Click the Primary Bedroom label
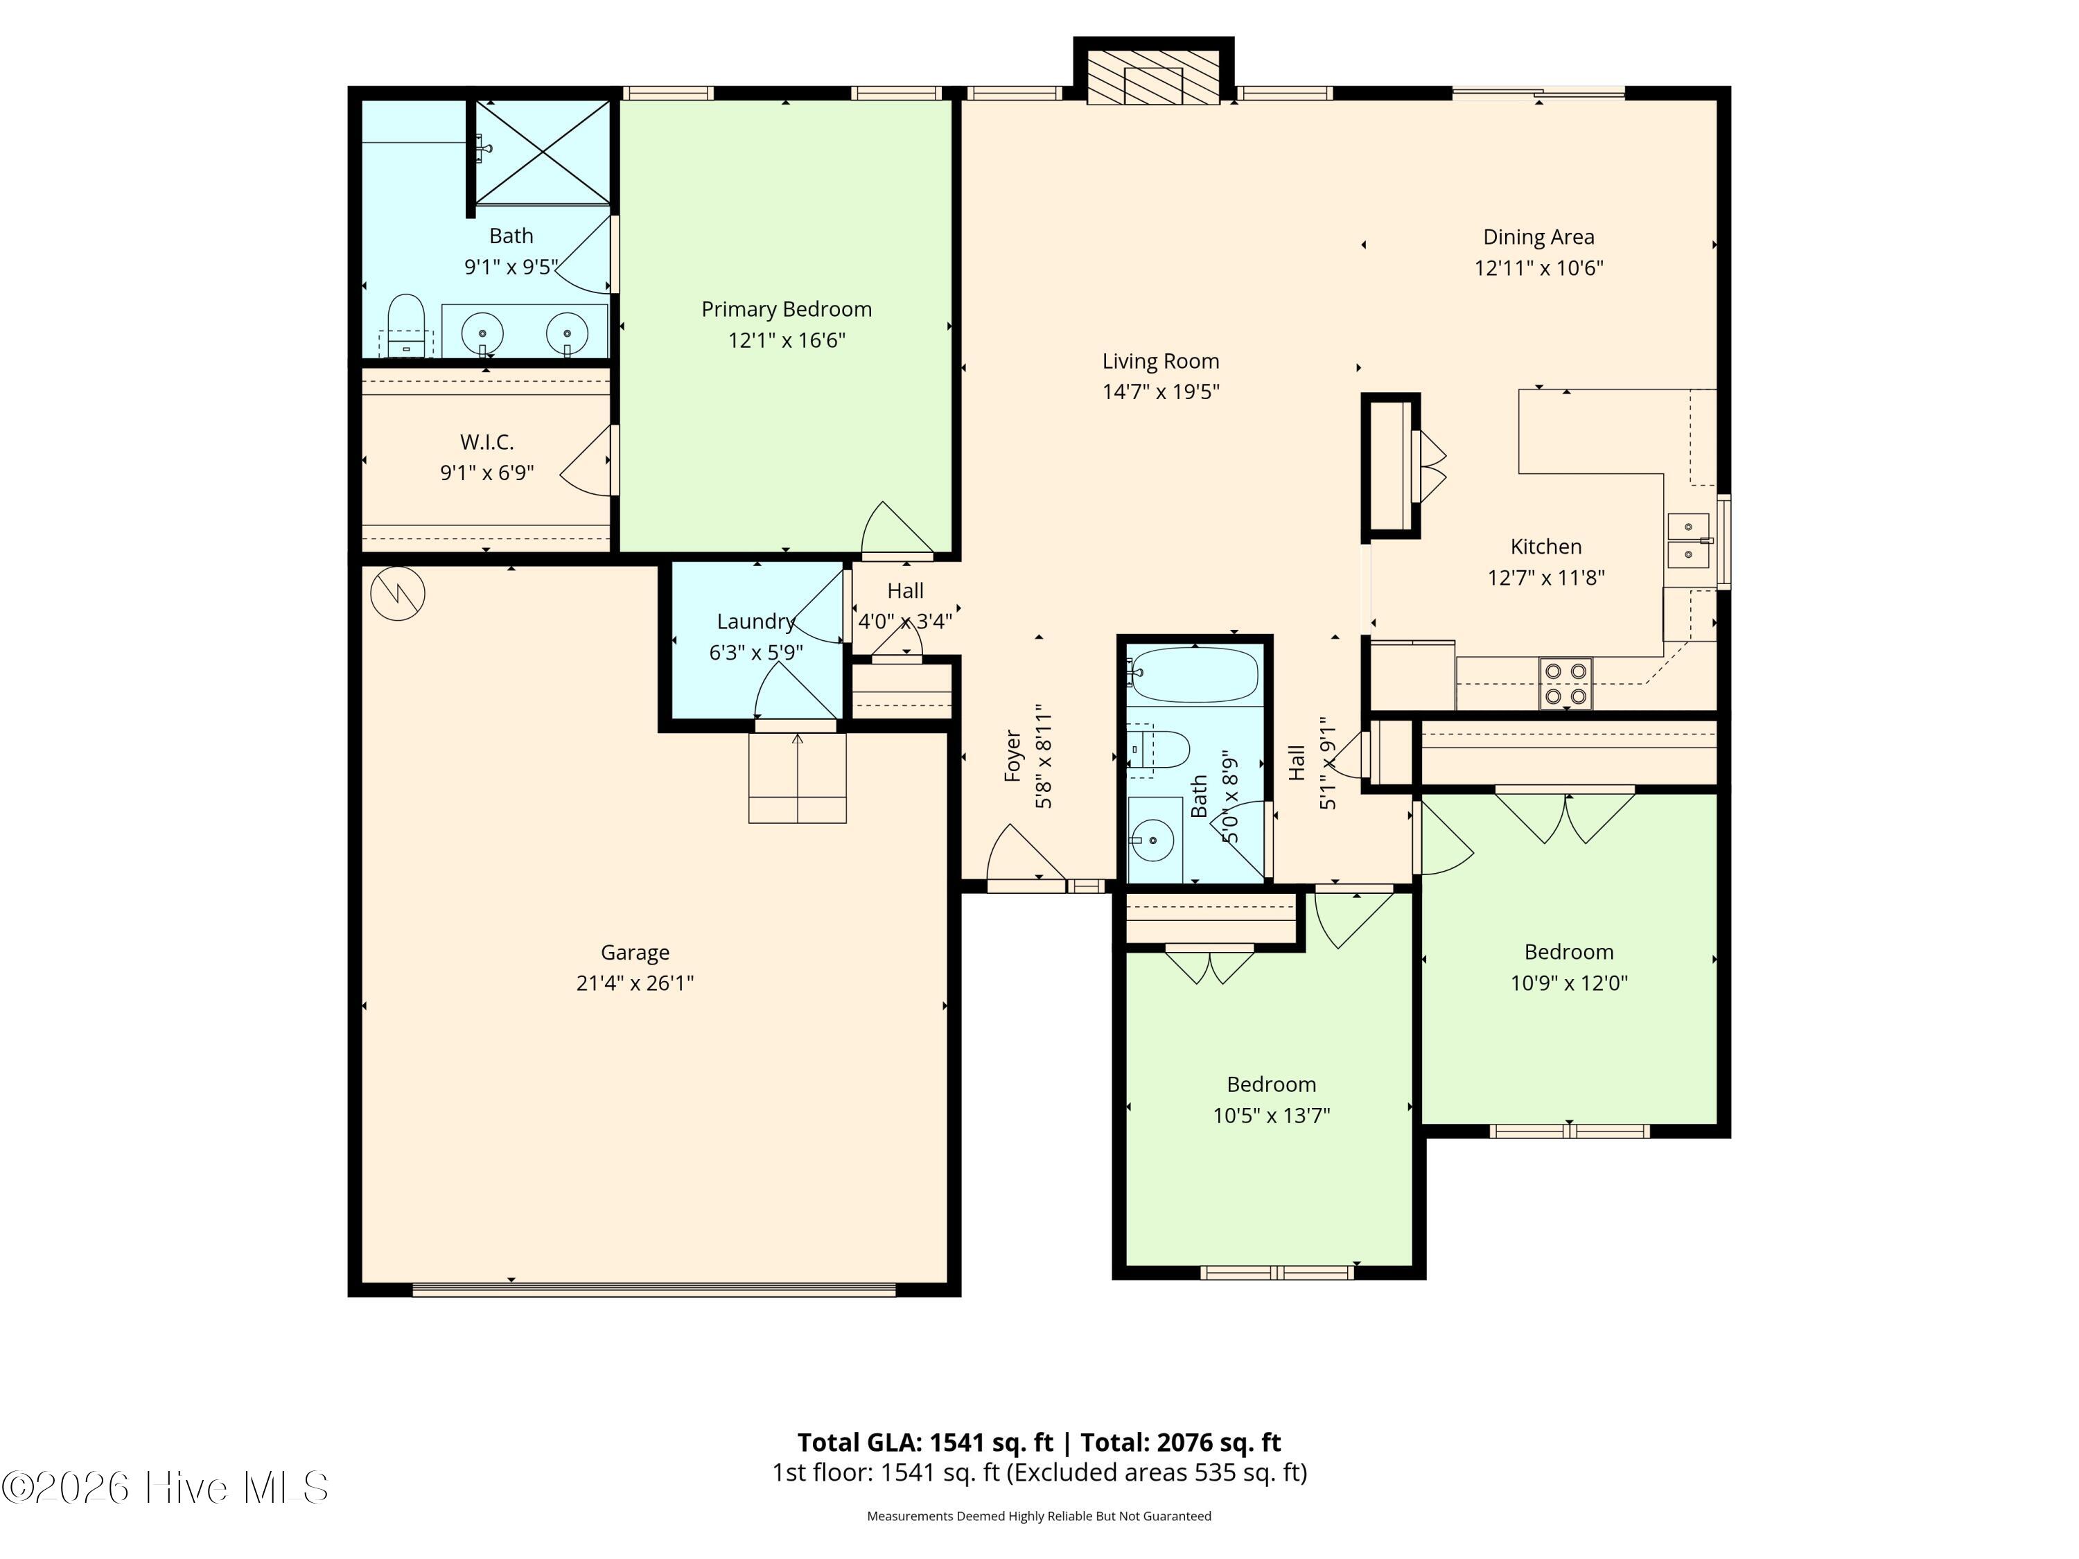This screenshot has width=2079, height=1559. tap(786, 309)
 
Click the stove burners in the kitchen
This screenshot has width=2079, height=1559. tap(1565, 683)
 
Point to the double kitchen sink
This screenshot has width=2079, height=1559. tap(1688, 540)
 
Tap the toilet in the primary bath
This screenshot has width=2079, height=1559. tap(406, 324)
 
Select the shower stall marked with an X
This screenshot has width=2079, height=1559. tap(543, 152)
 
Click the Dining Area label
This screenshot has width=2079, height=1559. tap(1538, 237)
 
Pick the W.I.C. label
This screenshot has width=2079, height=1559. tap(487, 441)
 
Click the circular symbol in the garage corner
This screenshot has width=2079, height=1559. tap(398, 593)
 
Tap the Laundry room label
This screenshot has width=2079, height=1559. tap(755, 621)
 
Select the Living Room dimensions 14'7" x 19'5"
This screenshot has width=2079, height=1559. tap(1161, 392)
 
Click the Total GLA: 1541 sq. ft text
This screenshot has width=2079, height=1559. tap(925, 1441)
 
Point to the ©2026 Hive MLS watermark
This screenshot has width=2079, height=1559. tap(166, 1488)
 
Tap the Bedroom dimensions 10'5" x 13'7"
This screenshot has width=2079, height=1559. tap(1271, 1116)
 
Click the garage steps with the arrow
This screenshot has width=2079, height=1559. tap(797, 777)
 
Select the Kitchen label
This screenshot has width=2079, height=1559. tap(1545, 546)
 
